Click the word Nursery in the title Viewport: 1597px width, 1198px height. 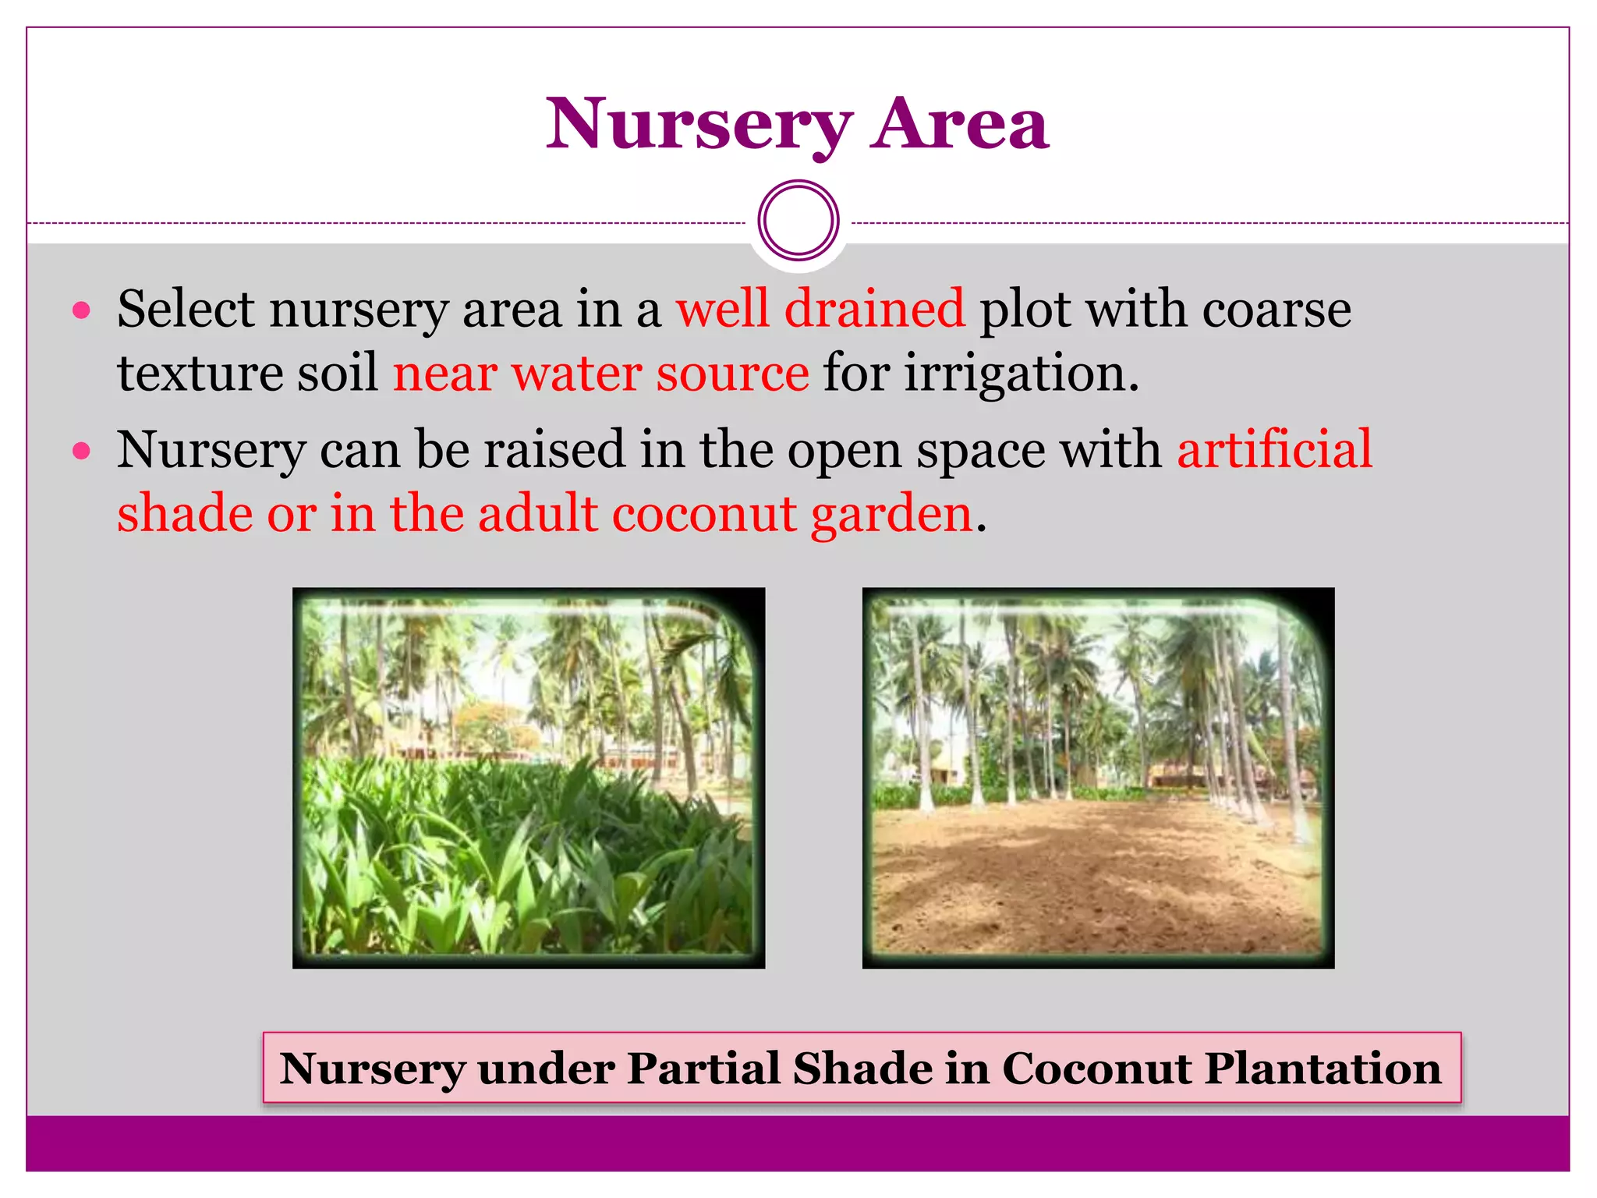pos(699,125)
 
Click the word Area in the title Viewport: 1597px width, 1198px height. pos(961,125)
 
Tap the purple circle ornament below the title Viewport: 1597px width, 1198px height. pos(798,221)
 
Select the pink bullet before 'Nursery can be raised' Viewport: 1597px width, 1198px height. pos(81,451)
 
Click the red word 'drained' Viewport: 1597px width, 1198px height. pos(874,309)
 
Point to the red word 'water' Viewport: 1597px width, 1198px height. pos(575,373)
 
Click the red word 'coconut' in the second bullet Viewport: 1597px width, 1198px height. pos(704,514)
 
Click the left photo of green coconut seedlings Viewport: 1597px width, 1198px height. pos(529,778)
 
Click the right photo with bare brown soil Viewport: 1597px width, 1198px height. pos(1098,778)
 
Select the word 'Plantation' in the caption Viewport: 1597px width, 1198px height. pos(1323,1068)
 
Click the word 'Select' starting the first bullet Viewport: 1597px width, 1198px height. pos(186,309)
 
